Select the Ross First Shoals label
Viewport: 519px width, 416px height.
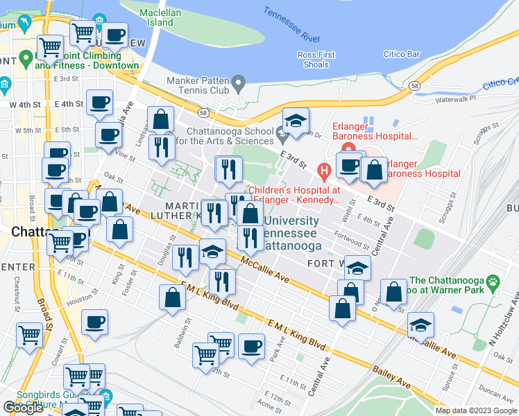[x=316, y=60]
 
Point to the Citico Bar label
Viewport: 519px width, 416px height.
[x=402, y=53]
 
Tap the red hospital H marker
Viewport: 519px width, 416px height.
[x=323, y=169]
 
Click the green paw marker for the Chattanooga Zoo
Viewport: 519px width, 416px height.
[x=493, y=281]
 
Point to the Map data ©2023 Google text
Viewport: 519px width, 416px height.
[x=476, y=410]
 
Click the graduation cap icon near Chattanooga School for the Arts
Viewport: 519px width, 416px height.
[x=296, y=121]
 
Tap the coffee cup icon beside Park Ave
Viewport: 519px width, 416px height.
[x=251, y=345]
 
